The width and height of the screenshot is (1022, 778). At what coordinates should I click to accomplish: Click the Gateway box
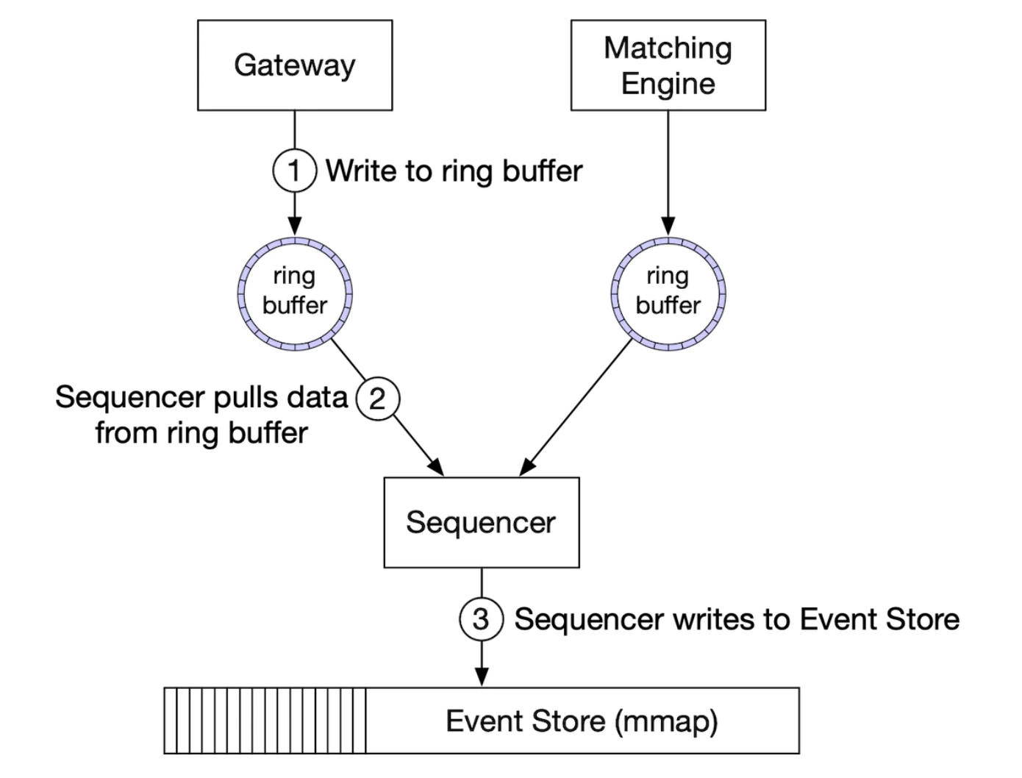click(x=294, y=65)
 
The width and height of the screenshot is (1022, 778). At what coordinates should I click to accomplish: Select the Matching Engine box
click(x=668, y=65)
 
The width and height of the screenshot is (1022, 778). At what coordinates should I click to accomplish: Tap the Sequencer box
click(x=481, y=522)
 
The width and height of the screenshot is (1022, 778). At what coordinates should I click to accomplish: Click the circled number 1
click(x=294, y=171)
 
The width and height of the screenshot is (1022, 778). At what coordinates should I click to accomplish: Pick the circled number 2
click(x=377, y=399)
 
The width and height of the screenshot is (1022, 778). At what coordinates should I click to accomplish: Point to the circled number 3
click(x=481, y=619)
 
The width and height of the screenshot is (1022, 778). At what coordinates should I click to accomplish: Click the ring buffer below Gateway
click(x=294, y=293)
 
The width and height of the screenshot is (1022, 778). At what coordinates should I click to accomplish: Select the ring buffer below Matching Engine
click(x=668, y=293)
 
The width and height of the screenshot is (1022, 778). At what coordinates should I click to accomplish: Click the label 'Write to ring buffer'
click(x=454, y=171)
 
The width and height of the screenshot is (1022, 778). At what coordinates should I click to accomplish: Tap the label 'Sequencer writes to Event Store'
click(x=736, y=619)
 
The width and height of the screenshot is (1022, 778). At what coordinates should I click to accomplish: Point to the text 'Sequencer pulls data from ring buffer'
click(x=201, y=415)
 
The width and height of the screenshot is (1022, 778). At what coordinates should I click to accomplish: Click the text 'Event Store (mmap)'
click(x=582, y=721)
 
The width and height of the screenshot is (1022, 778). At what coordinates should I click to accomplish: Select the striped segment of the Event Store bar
click(x=265, y=721)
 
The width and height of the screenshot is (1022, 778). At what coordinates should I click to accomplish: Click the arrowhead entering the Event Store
click(x=481, y=677)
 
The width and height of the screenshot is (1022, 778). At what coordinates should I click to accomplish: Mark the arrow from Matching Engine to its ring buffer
click(x=668, y=169)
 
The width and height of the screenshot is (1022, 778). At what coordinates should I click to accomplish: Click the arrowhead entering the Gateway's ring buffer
click(x=294, y=226)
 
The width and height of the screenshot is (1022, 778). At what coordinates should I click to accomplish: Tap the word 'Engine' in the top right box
click(x=668, y=84)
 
